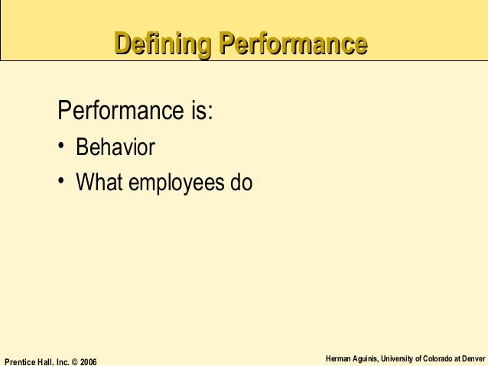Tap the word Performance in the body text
click(118, 112)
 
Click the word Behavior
click(115, 147)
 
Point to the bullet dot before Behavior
click(61, 147)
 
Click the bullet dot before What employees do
click(61, 183)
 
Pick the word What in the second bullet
click(99, 183)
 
